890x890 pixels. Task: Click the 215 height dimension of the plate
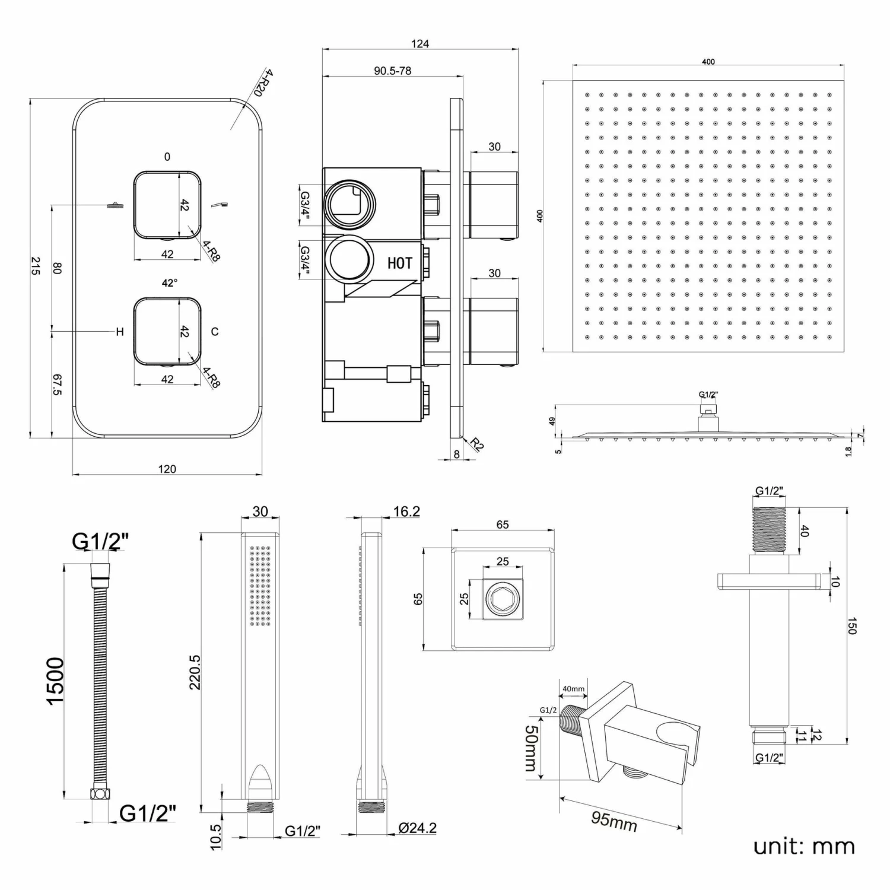click(35, 265)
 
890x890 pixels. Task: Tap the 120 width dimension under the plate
click(167, 469)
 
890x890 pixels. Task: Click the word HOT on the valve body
click(399, 263)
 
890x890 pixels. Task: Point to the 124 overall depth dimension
click(419, 43)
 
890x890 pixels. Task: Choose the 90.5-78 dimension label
click(392, 71)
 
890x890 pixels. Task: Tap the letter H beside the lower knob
click(120, 332)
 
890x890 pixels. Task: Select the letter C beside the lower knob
click(215, 332)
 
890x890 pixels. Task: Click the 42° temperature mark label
click(169, 283)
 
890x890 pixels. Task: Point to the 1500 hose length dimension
click(55, 681)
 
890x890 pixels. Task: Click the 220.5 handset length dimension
click(195, 672)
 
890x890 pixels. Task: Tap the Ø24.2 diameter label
click(417, 828)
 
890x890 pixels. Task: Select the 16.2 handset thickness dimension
click(406, 511)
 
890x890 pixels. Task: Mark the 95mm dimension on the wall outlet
click(614, 821)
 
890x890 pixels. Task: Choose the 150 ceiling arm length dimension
click(851, 626)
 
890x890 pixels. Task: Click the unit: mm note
click(803, 846)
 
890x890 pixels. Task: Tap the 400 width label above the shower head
click(708, 62)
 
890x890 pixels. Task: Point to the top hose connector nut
click(98, 572)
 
